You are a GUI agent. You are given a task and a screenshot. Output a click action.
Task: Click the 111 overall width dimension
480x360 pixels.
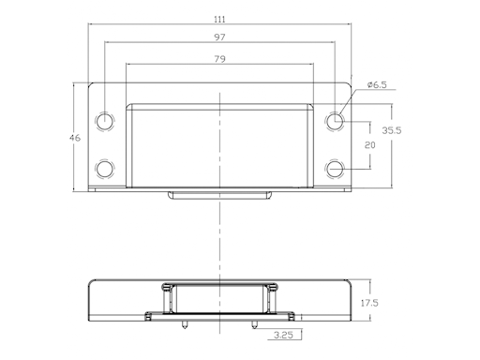tap(219, 20)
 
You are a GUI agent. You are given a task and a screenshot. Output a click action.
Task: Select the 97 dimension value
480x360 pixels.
tap(219, 37)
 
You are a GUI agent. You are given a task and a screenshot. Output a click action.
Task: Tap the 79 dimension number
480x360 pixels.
tap(219, 59)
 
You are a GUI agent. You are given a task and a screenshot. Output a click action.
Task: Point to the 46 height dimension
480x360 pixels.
tap(75, 138)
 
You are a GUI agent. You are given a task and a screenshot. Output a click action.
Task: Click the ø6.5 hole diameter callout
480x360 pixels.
tap(377, 84)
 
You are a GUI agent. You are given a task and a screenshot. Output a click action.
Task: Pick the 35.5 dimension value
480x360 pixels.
tap(392, 130)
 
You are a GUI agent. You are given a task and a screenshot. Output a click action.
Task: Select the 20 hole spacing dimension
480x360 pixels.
tap(370, 145)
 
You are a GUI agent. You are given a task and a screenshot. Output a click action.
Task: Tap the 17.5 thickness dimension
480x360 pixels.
tap(369, 303)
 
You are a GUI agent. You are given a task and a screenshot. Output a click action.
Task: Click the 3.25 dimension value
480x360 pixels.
tap(283, 336)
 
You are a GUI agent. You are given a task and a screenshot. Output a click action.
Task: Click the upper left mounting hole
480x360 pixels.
tap(105, 121)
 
